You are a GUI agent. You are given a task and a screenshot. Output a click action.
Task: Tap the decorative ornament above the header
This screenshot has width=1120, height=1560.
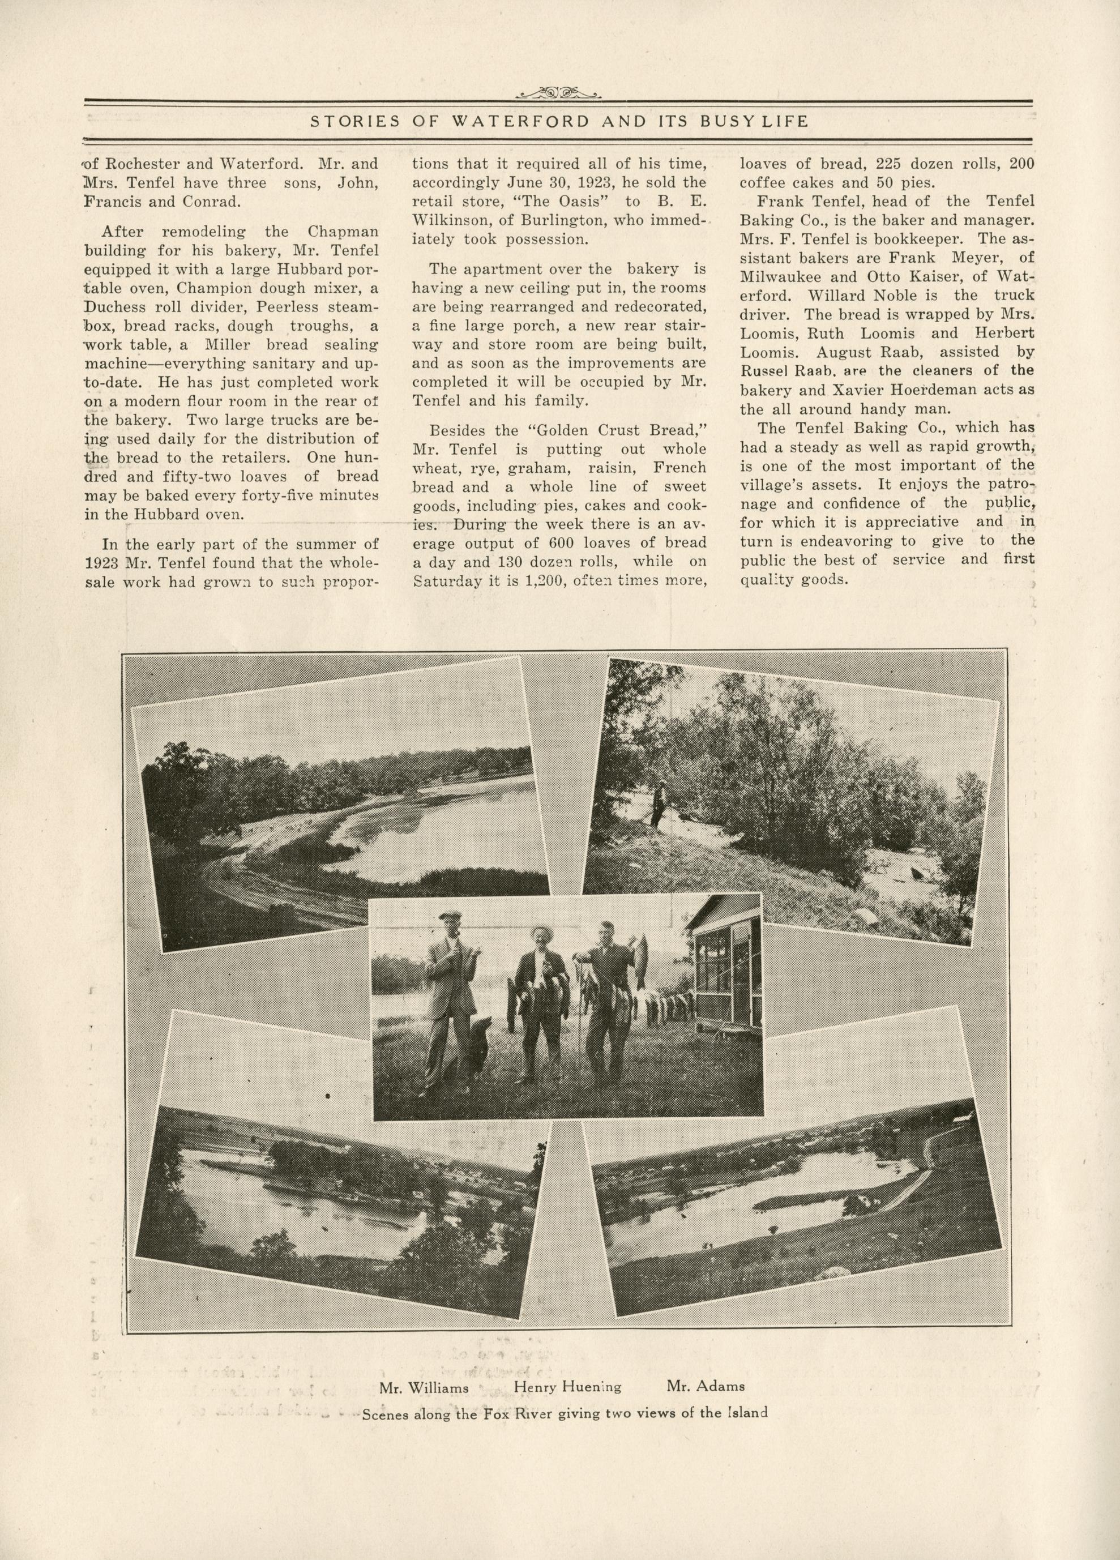pyautogui.click(x=559, y=92)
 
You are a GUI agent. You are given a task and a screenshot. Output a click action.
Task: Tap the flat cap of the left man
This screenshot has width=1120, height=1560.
pyautogui.click(x=451, y=917)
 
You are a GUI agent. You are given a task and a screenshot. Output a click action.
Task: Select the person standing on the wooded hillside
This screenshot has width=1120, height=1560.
pyautogui.click(x=659, y=802)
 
